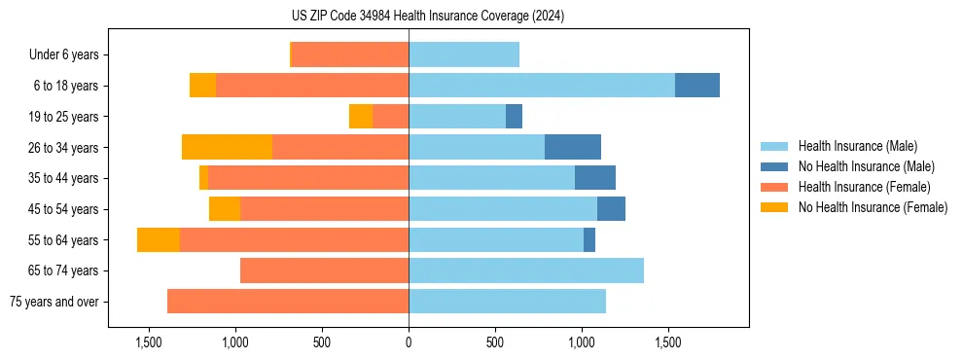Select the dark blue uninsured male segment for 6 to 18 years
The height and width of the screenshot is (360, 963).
697,86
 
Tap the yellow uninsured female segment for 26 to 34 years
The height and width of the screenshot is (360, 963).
227,147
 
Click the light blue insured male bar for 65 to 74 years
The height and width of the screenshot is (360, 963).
526,270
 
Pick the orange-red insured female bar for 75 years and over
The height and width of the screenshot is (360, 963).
288,302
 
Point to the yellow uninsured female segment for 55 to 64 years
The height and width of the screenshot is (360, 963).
159,239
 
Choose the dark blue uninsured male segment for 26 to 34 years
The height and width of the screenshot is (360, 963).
573,147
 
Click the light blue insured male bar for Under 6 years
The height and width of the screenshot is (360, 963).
464,54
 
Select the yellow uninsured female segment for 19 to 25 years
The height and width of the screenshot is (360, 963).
361,117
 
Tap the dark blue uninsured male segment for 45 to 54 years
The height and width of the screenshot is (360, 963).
611,209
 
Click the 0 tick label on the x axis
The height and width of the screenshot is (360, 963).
409,342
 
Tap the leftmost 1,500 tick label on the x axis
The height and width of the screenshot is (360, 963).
149,342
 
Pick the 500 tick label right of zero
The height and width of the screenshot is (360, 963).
495,342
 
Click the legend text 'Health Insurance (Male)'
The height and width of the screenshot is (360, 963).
857,146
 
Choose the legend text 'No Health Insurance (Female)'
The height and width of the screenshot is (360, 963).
873,207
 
